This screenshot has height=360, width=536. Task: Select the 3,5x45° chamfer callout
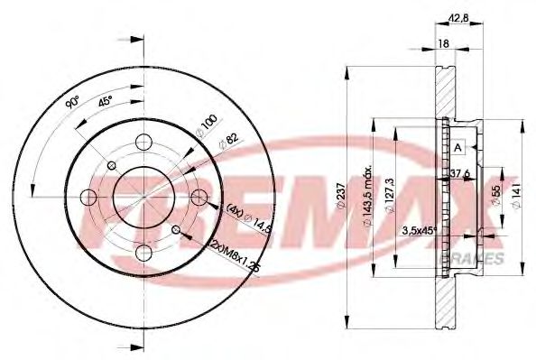418,231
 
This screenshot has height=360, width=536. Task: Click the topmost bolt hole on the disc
143,143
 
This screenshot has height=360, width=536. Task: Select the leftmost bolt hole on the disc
89,197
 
